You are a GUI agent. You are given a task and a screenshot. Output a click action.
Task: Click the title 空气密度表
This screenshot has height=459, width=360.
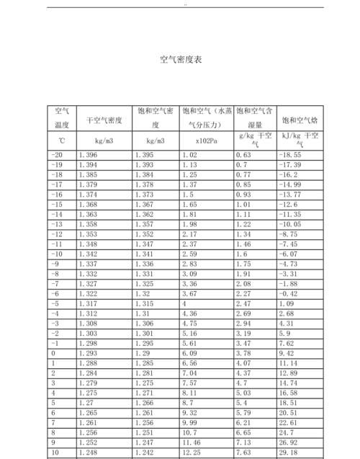click(x=180, y=60)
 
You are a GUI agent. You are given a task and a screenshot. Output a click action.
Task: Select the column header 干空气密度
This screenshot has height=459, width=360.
click(x=104, y=120)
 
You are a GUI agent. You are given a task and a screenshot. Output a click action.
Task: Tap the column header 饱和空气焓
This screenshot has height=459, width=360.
click(x=301, y=120)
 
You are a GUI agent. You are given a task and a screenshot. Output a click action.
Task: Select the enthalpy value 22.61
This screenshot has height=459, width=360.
click(x=290, y=422)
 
